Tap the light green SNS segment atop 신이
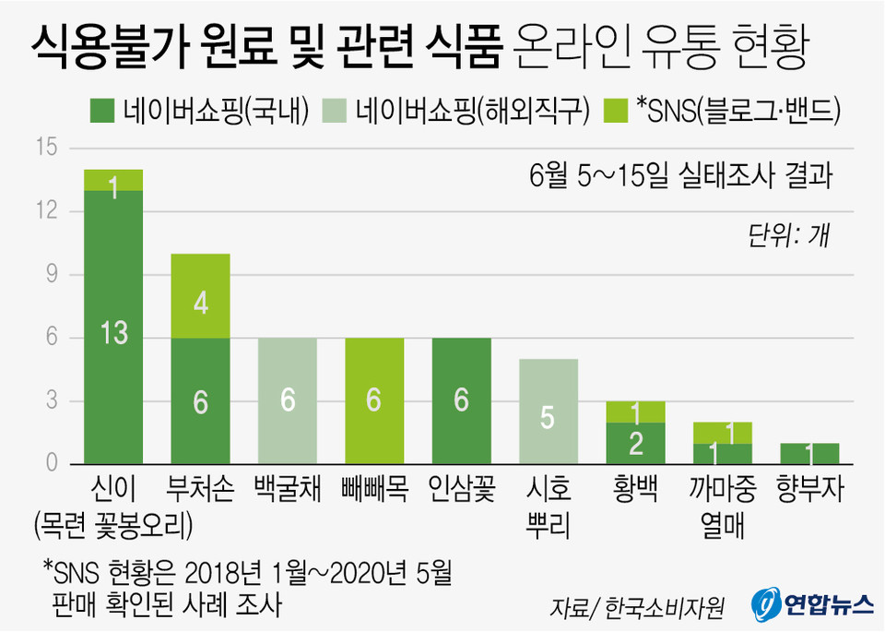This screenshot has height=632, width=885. (113, 181)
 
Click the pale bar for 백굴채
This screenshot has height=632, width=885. (287, 400)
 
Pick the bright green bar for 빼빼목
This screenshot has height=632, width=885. (374, 400)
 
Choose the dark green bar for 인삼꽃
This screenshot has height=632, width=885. (461, 400)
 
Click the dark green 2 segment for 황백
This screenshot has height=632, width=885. (635, 443)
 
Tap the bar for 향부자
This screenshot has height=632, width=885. (809, 454)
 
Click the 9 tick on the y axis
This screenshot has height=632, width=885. (51, 274)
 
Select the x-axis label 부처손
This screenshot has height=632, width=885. (200, 489)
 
